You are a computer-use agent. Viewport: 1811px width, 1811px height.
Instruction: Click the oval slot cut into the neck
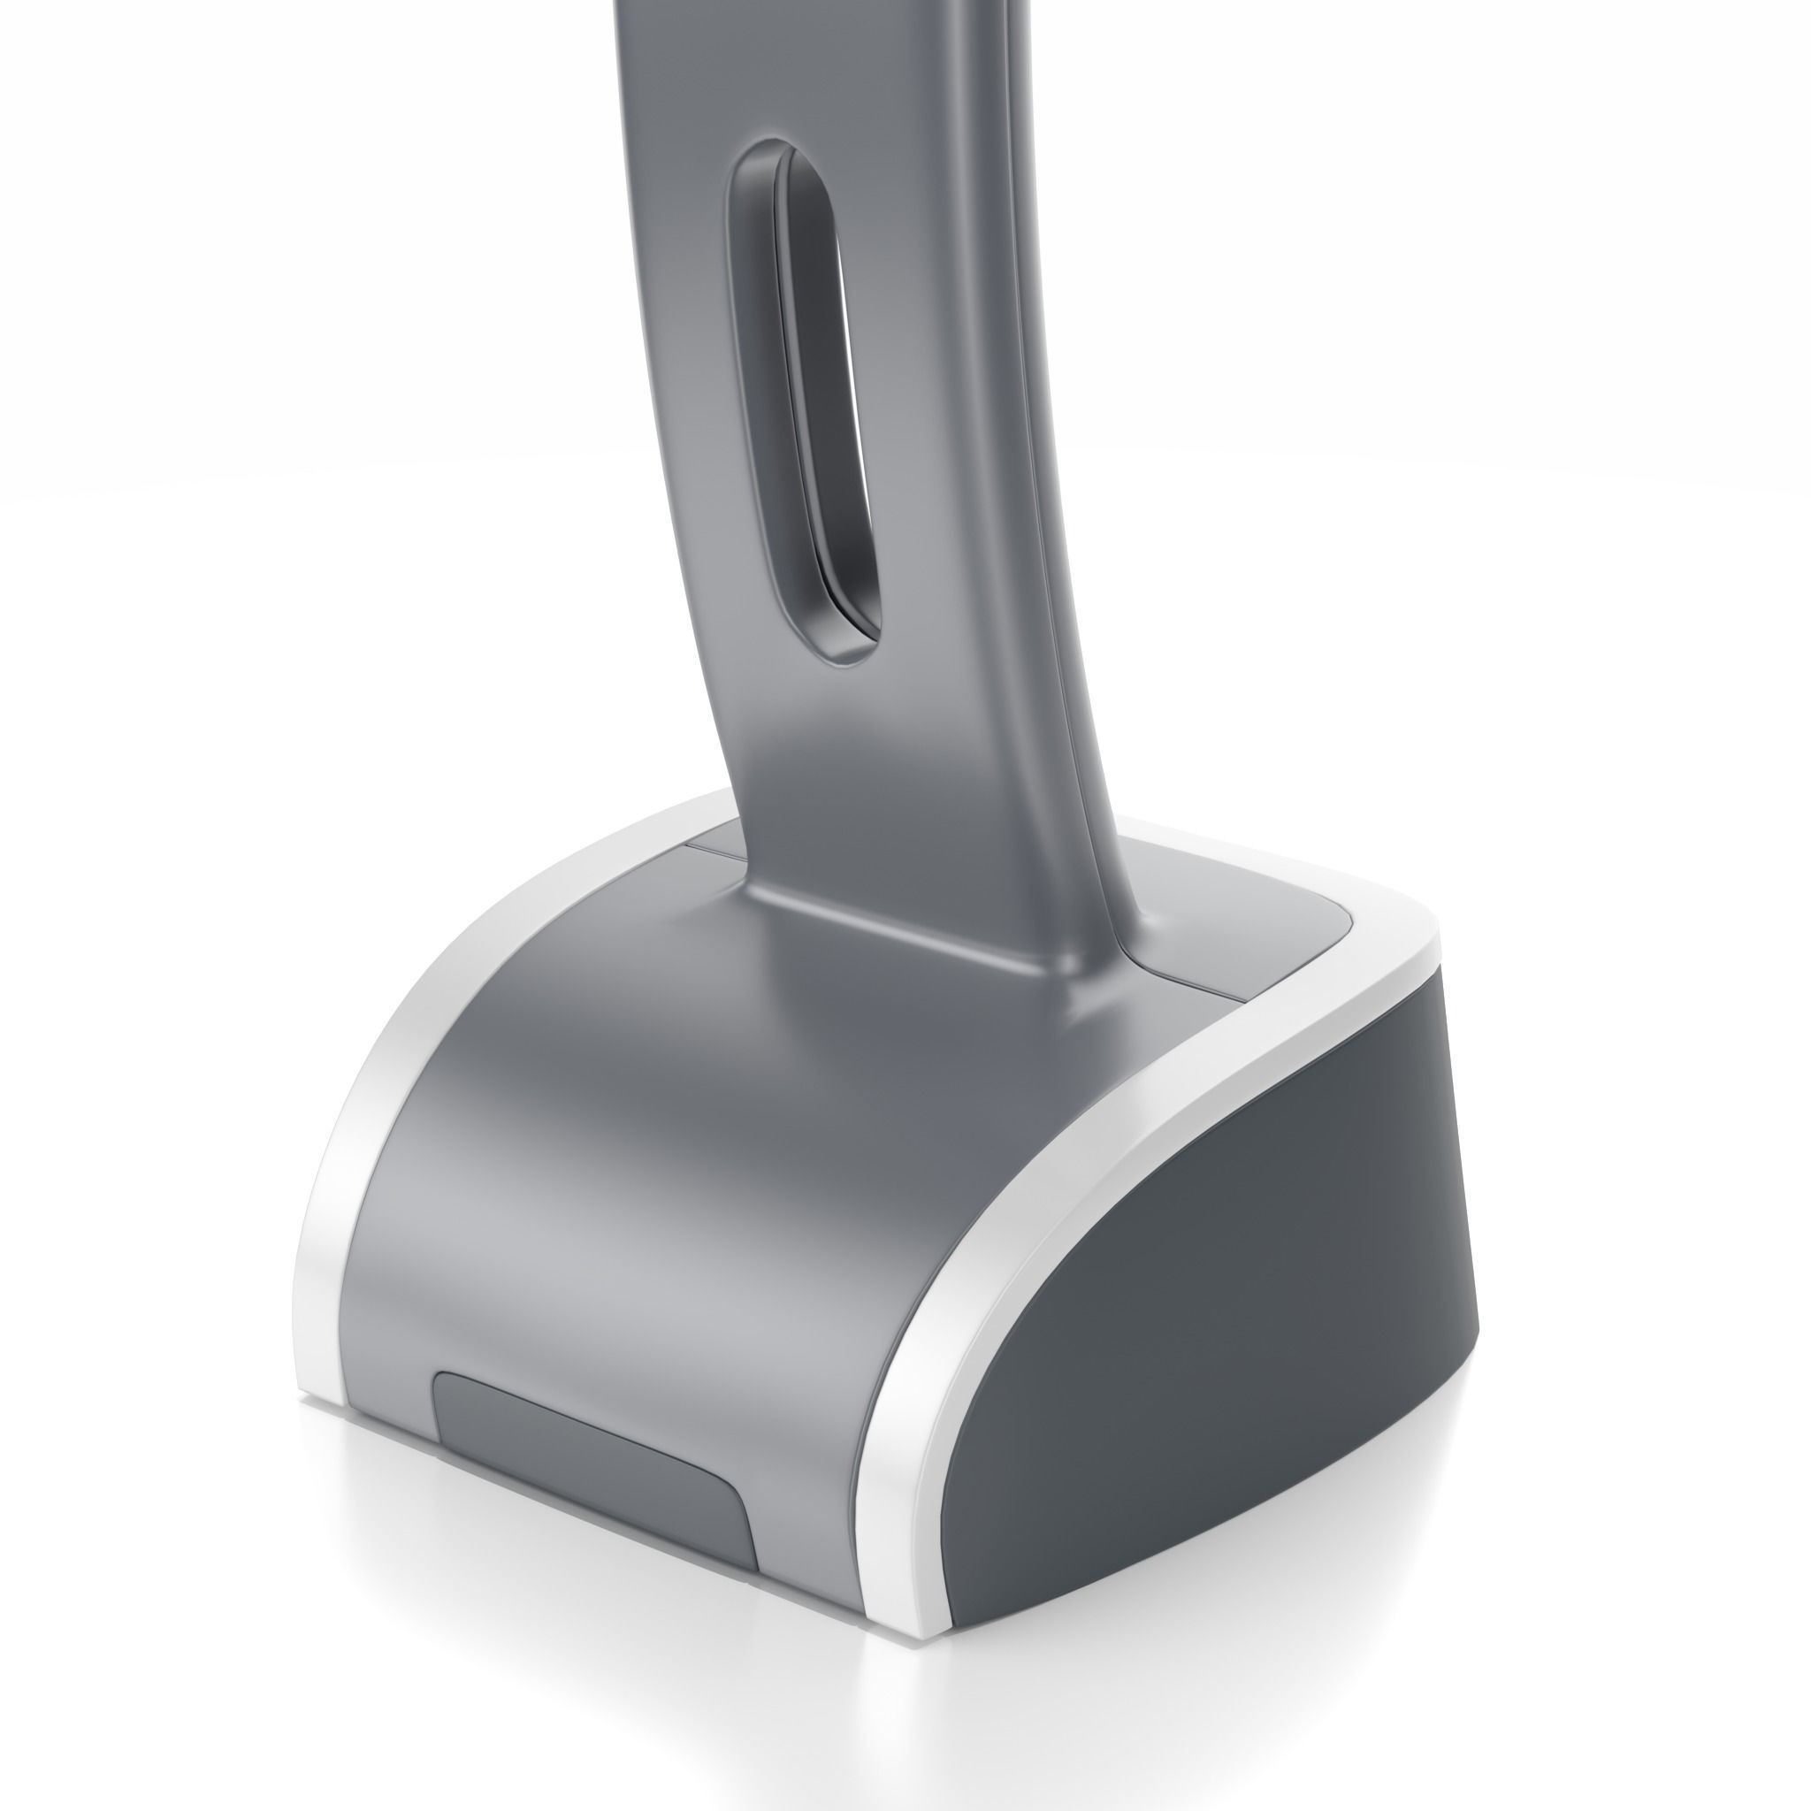coord(805,394)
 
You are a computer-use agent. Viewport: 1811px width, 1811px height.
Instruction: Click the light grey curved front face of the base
coord(609,1219)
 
